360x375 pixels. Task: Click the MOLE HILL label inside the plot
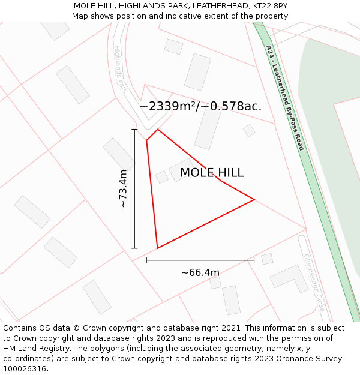point(212,173)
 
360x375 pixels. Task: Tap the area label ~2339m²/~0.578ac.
point(200,106)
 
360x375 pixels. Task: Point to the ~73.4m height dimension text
point(123,188)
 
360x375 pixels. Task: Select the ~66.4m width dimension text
point(200,273)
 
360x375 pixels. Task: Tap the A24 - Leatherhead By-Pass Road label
point(285,98)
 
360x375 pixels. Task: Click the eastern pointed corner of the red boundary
point(254,199)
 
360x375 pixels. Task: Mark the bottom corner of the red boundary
point(157,248)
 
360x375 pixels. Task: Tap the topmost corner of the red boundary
point(158,130)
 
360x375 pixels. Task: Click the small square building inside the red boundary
point(162,176)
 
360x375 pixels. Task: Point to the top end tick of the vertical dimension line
point(134,129)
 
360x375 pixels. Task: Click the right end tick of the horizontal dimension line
point(254,260)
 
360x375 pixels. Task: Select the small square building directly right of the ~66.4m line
point(267,259)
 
